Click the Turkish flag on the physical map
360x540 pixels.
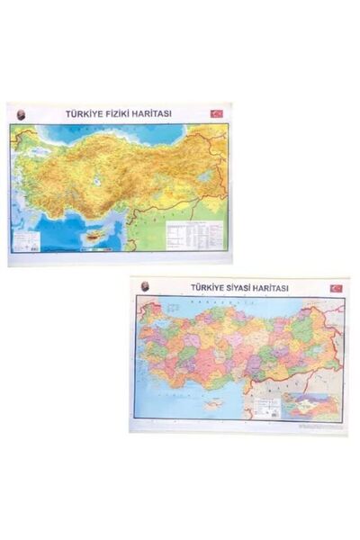point(216,114)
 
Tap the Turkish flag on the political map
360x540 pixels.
point(336,288)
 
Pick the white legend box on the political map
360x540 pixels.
point(265,407)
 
